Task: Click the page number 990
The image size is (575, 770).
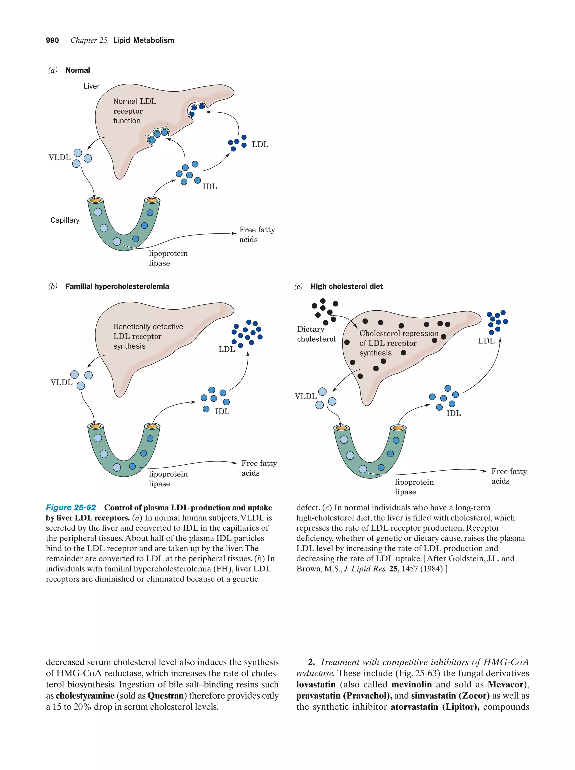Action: coord(52,40)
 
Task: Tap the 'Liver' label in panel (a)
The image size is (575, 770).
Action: coord(91,86)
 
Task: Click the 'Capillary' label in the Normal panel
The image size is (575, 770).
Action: coord(65,220)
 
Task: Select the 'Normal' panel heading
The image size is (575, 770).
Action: coord(77,70)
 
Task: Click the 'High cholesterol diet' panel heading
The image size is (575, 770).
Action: coord(346,287)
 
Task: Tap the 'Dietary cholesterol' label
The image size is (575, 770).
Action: coord(316,334)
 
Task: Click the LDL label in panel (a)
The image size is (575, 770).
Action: coord(260,144)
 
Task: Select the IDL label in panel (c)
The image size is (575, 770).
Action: coord(453,413)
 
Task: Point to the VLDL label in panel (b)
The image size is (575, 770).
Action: coord(61,382)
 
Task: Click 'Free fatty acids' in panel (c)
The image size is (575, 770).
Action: coord(508,476)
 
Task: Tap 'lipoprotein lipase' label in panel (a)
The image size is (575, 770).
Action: coord(168,258)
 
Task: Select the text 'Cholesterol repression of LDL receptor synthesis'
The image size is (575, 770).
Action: coord(398,343)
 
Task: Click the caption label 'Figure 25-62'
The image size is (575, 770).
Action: coord(71,508)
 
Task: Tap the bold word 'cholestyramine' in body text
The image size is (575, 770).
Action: coord(85,696)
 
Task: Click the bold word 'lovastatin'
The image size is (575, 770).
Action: coord(316,684)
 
